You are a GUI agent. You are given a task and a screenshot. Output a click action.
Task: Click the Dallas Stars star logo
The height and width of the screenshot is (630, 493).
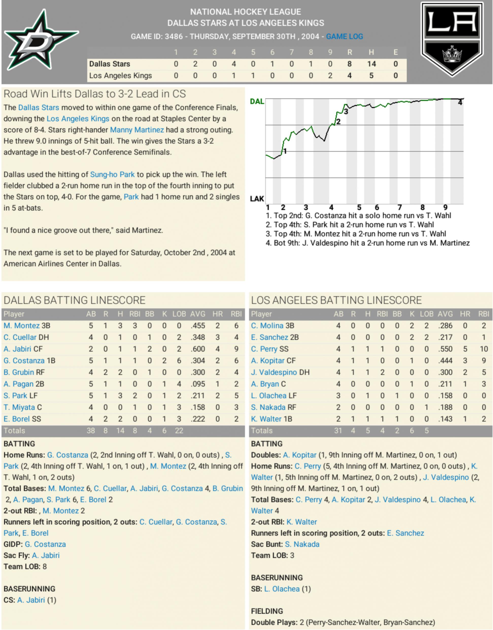coord(40,40)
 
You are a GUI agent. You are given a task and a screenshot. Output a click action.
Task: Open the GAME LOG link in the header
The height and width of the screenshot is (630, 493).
coord(344,37)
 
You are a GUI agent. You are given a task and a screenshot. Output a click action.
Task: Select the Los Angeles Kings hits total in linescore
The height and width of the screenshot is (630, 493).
coord(371,76)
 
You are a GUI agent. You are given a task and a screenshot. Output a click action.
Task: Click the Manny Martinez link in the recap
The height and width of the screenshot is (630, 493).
coord(137,130)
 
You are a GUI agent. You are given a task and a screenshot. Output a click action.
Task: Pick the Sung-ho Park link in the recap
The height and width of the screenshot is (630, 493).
coord(112,175)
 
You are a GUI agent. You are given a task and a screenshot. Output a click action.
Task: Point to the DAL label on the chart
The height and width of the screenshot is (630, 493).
coord(257,101)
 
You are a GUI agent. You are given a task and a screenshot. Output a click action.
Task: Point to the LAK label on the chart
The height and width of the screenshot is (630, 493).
coord(257,199)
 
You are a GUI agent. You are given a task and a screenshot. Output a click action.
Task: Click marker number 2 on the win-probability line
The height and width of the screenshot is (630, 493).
coord(338,122)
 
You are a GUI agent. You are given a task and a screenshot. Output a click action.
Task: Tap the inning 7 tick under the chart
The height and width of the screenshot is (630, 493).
coord(399,208)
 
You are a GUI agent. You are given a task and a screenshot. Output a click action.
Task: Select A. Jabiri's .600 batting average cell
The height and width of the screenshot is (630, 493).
coord(198,349)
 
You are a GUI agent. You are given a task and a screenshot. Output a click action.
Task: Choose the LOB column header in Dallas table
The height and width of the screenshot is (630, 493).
coord(179,314)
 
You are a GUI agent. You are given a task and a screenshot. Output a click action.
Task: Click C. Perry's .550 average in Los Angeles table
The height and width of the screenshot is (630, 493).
coord(445,349)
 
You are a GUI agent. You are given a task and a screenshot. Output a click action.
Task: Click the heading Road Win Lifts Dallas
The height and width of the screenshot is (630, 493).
coord(94,94)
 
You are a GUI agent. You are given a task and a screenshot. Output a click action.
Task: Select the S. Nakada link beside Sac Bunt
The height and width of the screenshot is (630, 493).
coord(302,544)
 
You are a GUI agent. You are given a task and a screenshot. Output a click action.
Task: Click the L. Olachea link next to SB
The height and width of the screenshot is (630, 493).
coord(282,589)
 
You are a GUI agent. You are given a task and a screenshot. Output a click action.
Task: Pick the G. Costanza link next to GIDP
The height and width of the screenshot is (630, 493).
coord(45,544)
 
